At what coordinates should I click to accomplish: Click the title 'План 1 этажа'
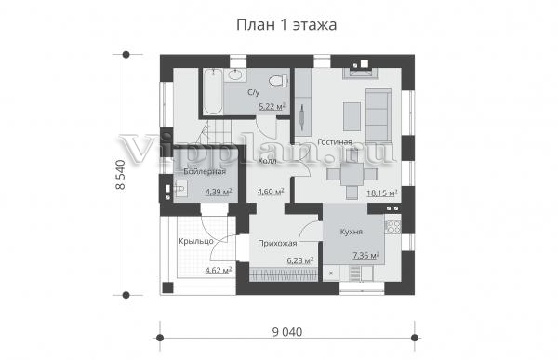click(286, 25)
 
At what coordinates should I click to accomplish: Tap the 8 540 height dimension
click(120, 175)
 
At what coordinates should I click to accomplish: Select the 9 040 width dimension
click(287, 332)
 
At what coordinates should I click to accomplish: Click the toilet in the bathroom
click(278, 81)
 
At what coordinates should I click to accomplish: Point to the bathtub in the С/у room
click(213, 91)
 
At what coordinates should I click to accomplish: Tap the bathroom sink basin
click(234, 74)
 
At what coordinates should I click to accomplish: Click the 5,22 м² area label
click(272, 106)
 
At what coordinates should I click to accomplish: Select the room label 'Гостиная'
click(335, 141)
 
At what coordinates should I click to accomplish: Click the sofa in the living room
click(379, 116)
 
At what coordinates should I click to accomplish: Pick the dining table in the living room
click(352, 174)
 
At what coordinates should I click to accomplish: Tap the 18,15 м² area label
click(382, 193)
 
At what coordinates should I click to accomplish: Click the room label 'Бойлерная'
click(205, 171)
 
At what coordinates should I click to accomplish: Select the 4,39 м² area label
click(219, 192)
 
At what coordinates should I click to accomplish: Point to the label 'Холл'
click(267, 161)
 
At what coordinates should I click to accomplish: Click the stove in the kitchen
click(393, 226)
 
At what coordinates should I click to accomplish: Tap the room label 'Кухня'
click(352, 232)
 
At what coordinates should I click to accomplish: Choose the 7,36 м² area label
click(365, 255)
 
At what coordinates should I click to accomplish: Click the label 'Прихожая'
click(277, 244)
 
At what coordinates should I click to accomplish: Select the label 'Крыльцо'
click(196, 241)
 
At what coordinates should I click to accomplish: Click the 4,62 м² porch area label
click(219, 271)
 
